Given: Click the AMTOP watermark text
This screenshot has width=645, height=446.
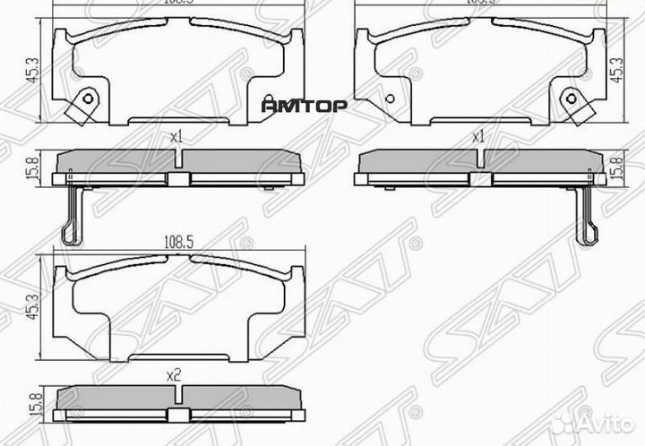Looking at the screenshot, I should tap(304, 104).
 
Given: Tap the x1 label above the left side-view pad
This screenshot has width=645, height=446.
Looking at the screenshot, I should tap(176, 137).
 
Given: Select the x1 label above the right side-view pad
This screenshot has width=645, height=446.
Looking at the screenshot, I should tap(477, 137).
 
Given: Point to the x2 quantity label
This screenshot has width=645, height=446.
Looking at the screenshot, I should tap(176, 377).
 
